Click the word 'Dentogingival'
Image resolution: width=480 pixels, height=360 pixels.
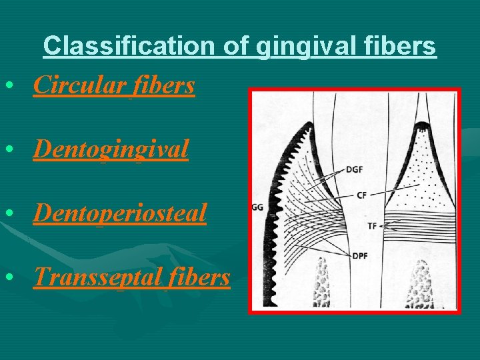tap(111, 149)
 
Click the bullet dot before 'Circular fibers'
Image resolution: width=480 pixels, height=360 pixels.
tap(8, 86)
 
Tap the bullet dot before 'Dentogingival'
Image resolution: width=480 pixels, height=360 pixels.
tap(8, 150)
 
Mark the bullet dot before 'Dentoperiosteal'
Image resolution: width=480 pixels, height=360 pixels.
tap(8, 213)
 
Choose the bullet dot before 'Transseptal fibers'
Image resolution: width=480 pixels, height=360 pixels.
tap(8, 277)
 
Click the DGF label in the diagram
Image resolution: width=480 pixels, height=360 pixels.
tap(355, 170)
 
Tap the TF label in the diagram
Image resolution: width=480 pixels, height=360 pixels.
tap(372, 226)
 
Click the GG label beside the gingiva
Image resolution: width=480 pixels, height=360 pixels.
tap(257, 207)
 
